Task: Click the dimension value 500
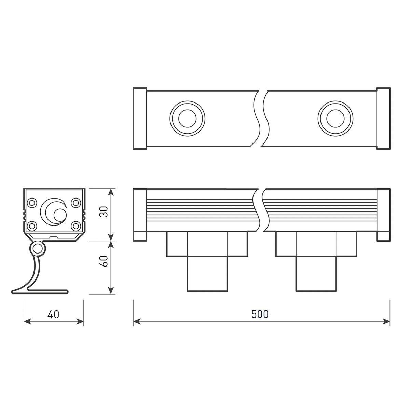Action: point(260,314)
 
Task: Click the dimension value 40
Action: point(54,314)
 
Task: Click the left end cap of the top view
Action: point(140,119)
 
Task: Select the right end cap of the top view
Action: point(383,119)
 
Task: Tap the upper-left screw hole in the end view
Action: point(32,203)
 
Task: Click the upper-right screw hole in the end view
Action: point(75,203)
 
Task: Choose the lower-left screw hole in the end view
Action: point(32,225)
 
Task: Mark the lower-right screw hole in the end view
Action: point(75,225)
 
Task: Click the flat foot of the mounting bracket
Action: point(41,292)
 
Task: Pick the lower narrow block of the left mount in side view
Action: point(207,274)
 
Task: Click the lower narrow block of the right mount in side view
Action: point(316,274)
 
